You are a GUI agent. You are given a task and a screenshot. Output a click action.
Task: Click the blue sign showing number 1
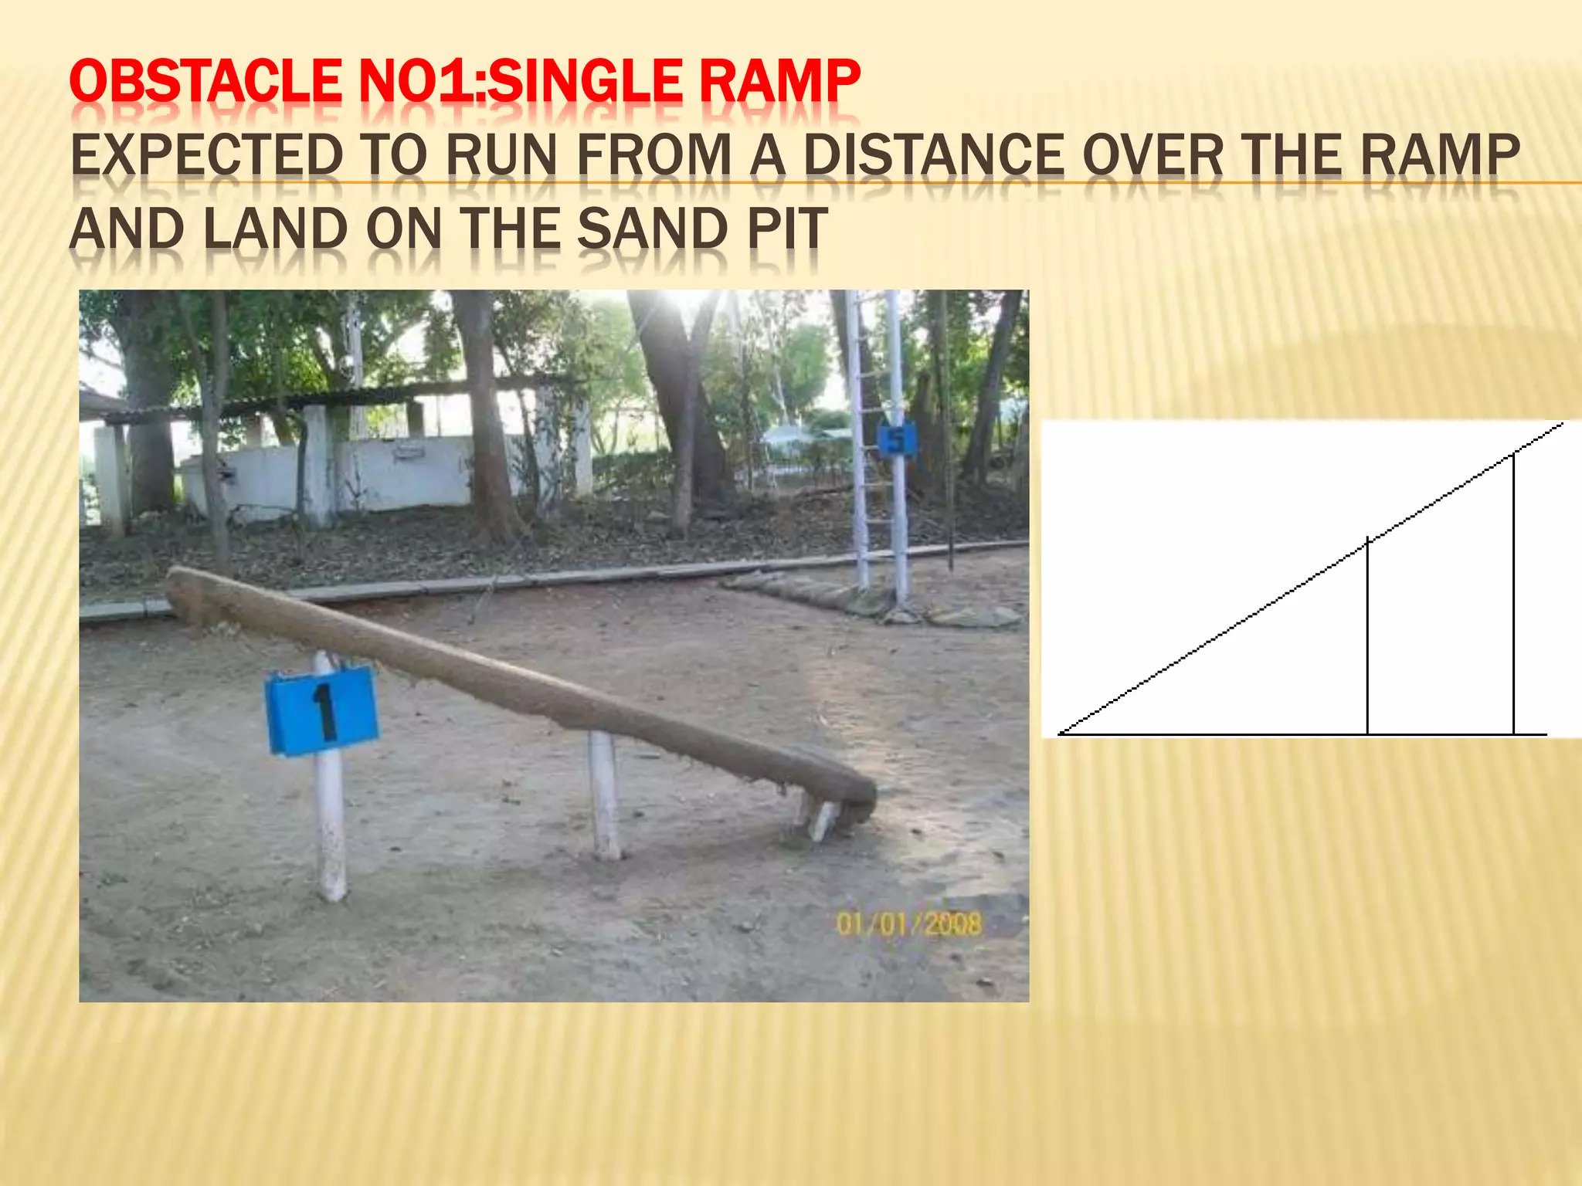(321, 710)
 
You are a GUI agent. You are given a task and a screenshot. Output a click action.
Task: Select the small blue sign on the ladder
(896, 440)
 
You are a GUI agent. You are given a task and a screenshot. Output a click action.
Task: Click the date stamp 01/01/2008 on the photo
(909, 923)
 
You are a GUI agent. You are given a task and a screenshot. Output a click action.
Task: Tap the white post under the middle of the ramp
(604, 795)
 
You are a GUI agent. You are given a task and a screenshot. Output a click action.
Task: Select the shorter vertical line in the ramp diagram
(1367, 637)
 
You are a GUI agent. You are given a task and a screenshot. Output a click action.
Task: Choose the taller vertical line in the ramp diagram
(1513, 595)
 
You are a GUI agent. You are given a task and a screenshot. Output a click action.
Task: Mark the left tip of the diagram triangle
(1061, 733)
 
